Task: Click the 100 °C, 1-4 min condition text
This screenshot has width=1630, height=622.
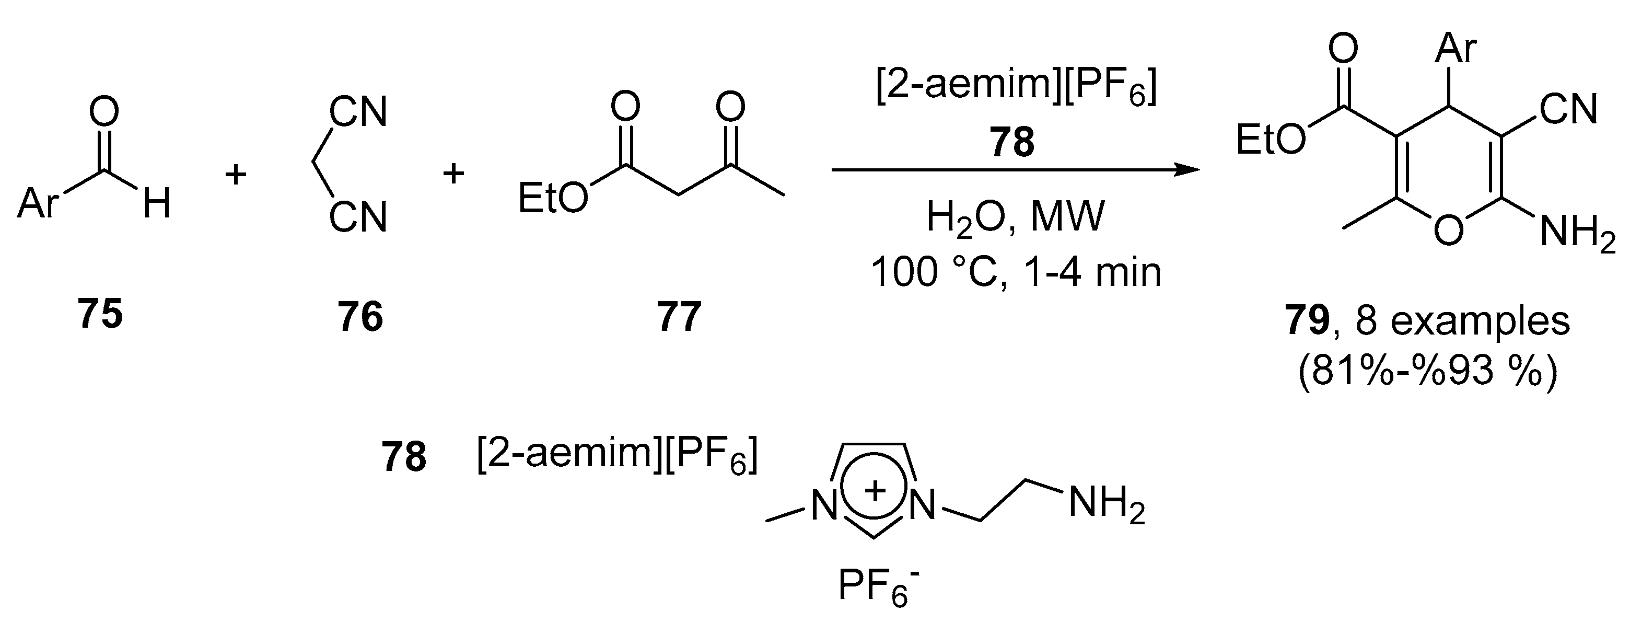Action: (x=1016, y=273)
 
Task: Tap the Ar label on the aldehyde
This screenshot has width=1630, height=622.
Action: (x=38, y=204)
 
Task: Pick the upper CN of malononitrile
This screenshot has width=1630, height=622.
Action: (x=357, y=112)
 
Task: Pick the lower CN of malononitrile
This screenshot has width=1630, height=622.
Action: (x=357, y=218)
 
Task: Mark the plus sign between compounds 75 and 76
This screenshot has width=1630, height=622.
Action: (x=236, y=174)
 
